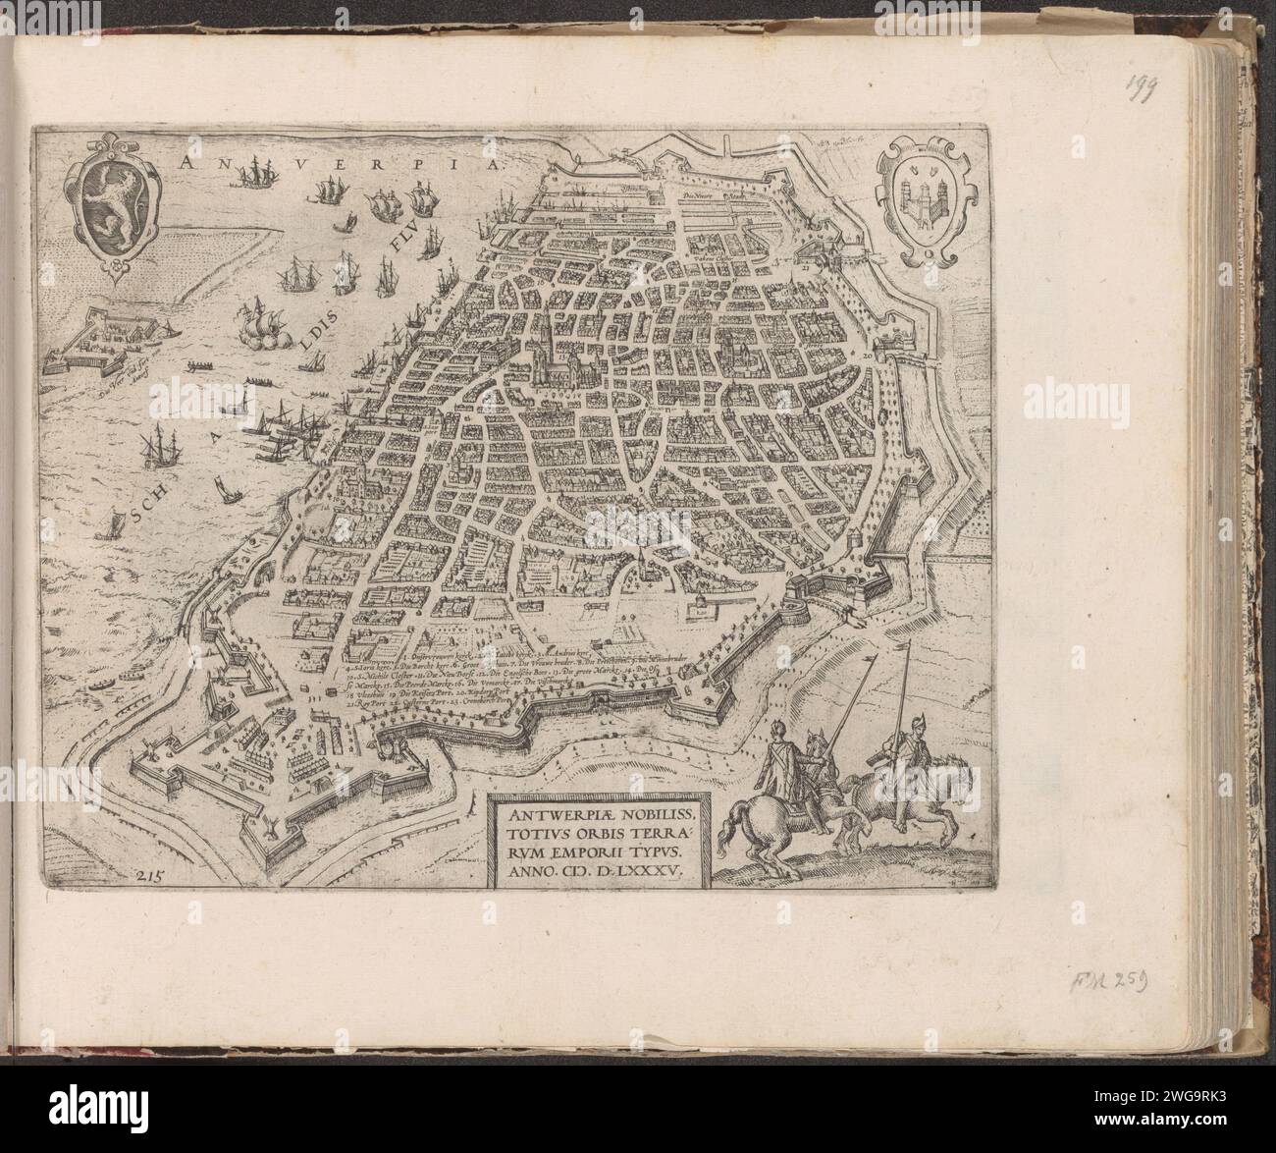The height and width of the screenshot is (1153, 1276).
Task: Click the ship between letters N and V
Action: point(262,169)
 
